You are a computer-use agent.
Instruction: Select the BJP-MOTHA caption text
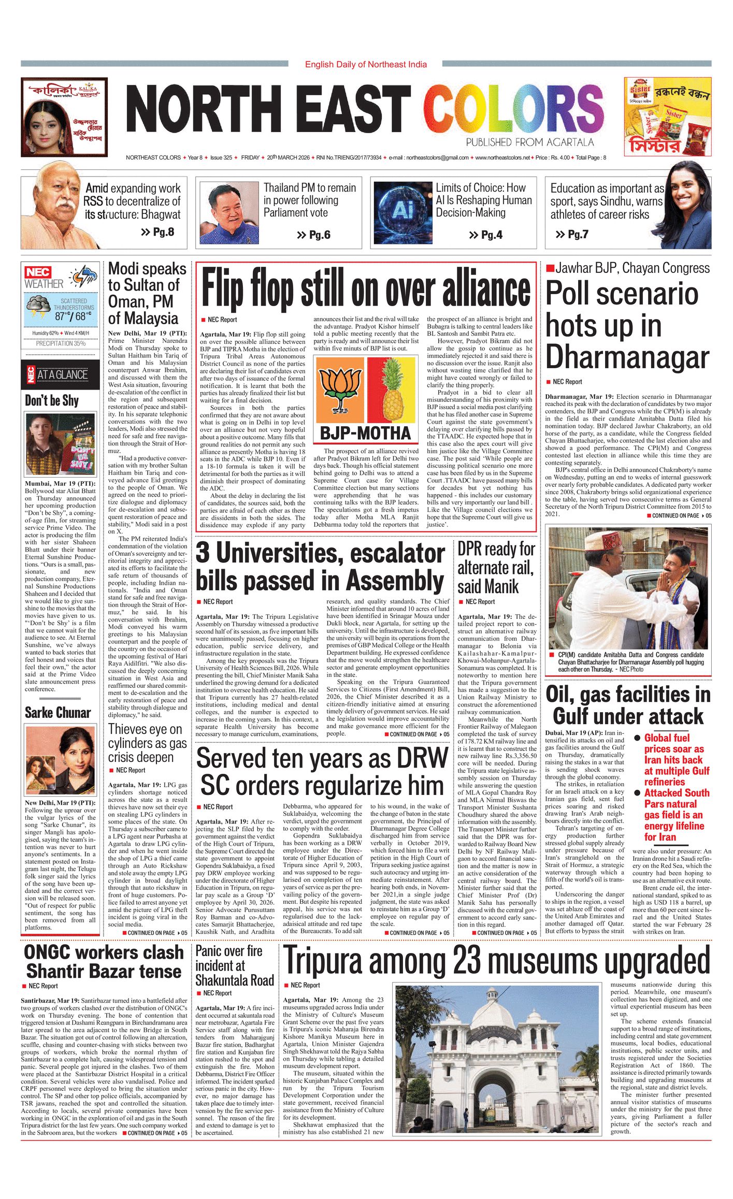coord(365,433)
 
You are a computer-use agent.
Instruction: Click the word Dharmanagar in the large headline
coord(627,357)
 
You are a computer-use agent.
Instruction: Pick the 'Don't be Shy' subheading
coord(52,400)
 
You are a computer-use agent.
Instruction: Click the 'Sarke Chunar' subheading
coord(58,713)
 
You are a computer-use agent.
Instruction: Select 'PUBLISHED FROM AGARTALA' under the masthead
coord(529,142)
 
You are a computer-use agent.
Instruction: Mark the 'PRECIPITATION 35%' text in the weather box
coord(61,343)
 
